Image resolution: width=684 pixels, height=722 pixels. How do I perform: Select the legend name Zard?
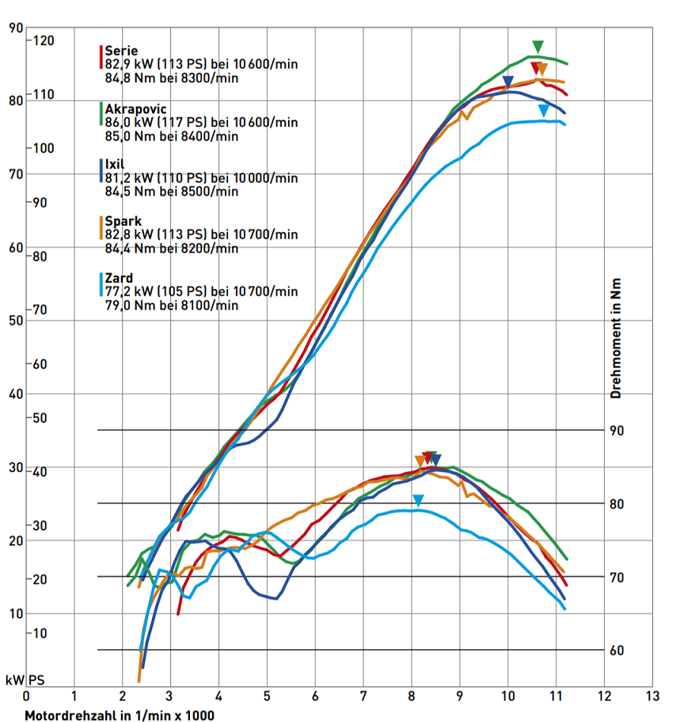click(119, 278)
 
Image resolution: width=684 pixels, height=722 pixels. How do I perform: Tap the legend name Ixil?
click(116, 164)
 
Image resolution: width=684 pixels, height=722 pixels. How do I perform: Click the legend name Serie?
click(121, 51)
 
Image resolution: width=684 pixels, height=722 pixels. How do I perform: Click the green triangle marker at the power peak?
click(538, 46)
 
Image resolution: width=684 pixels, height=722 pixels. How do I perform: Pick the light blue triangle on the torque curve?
click(418, 500)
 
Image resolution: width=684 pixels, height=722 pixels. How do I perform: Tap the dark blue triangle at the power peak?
click(508, 81)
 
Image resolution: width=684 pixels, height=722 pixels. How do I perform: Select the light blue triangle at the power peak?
click(543, 109)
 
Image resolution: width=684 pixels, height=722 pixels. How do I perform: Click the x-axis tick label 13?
click(652, 697)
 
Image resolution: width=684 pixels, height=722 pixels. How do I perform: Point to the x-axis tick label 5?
click(267, 697)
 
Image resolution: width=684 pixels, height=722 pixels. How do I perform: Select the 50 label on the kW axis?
click(14, 321)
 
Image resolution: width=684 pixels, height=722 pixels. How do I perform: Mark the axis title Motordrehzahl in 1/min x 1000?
click(119, 715)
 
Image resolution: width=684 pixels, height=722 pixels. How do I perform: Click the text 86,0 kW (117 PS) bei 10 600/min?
click(201, 122)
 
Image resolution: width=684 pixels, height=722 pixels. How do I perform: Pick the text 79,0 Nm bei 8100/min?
click(171, 305)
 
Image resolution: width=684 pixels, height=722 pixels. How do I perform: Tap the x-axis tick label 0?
click(26, 697)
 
